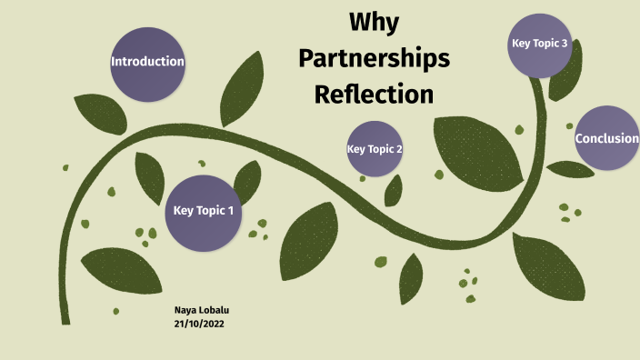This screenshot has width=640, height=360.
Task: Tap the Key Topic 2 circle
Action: [375, 148]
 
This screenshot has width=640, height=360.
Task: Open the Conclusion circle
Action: [606, 138]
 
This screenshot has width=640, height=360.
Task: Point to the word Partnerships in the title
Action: [374, 59]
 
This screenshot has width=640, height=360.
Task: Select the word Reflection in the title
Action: [374, 94]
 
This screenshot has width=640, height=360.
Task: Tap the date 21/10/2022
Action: [200, 324]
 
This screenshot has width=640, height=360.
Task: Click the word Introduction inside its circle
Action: [147, 62]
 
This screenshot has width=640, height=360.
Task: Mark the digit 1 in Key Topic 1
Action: [230, 211]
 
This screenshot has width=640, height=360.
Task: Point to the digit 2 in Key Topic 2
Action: [398, 148]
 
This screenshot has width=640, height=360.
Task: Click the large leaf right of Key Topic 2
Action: [476, 150]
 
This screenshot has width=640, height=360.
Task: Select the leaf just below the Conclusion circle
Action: [570, 169]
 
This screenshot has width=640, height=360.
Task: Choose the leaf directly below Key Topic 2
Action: [393, 190]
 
